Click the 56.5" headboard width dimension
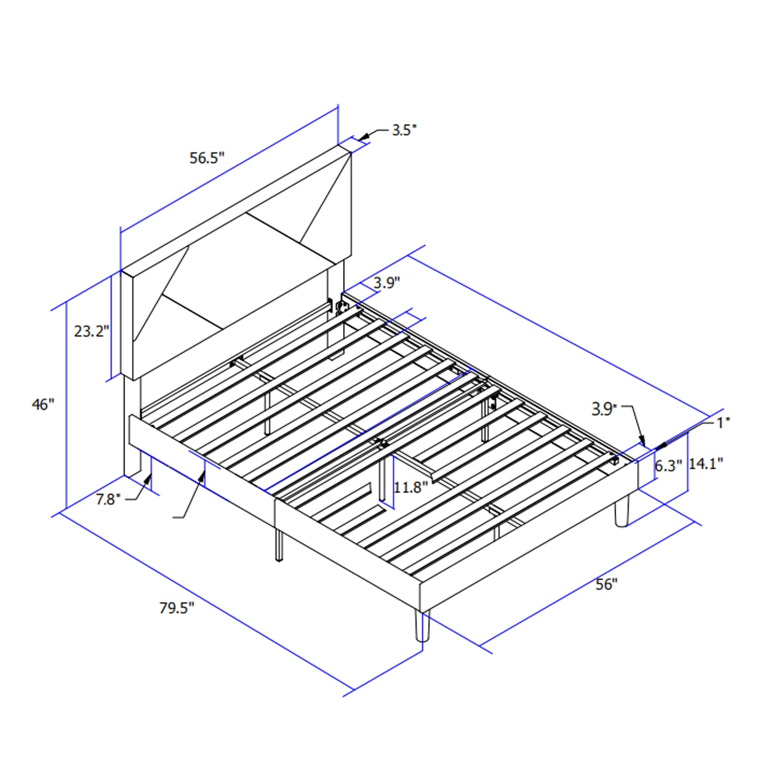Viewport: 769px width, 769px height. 207,158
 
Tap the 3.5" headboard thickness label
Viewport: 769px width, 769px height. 404,130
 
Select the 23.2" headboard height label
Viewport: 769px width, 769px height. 92,331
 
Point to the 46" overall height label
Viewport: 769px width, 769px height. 43,404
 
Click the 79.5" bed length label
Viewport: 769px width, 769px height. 177,608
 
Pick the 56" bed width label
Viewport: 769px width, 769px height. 606,584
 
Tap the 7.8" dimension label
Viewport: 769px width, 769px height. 108,499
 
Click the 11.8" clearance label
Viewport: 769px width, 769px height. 410,487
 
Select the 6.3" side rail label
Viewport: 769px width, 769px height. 668,466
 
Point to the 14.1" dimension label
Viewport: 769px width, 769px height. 706,464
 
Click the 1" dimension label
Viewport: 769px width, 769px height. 723,423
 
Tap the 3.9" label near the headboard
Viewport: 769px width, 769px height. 386,283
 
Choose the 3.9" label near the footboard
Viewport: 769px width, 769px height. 604,409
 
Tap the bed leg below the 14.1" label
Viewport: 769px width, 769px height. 622,511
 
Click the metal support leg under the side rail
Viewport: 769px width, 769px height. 279,545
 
